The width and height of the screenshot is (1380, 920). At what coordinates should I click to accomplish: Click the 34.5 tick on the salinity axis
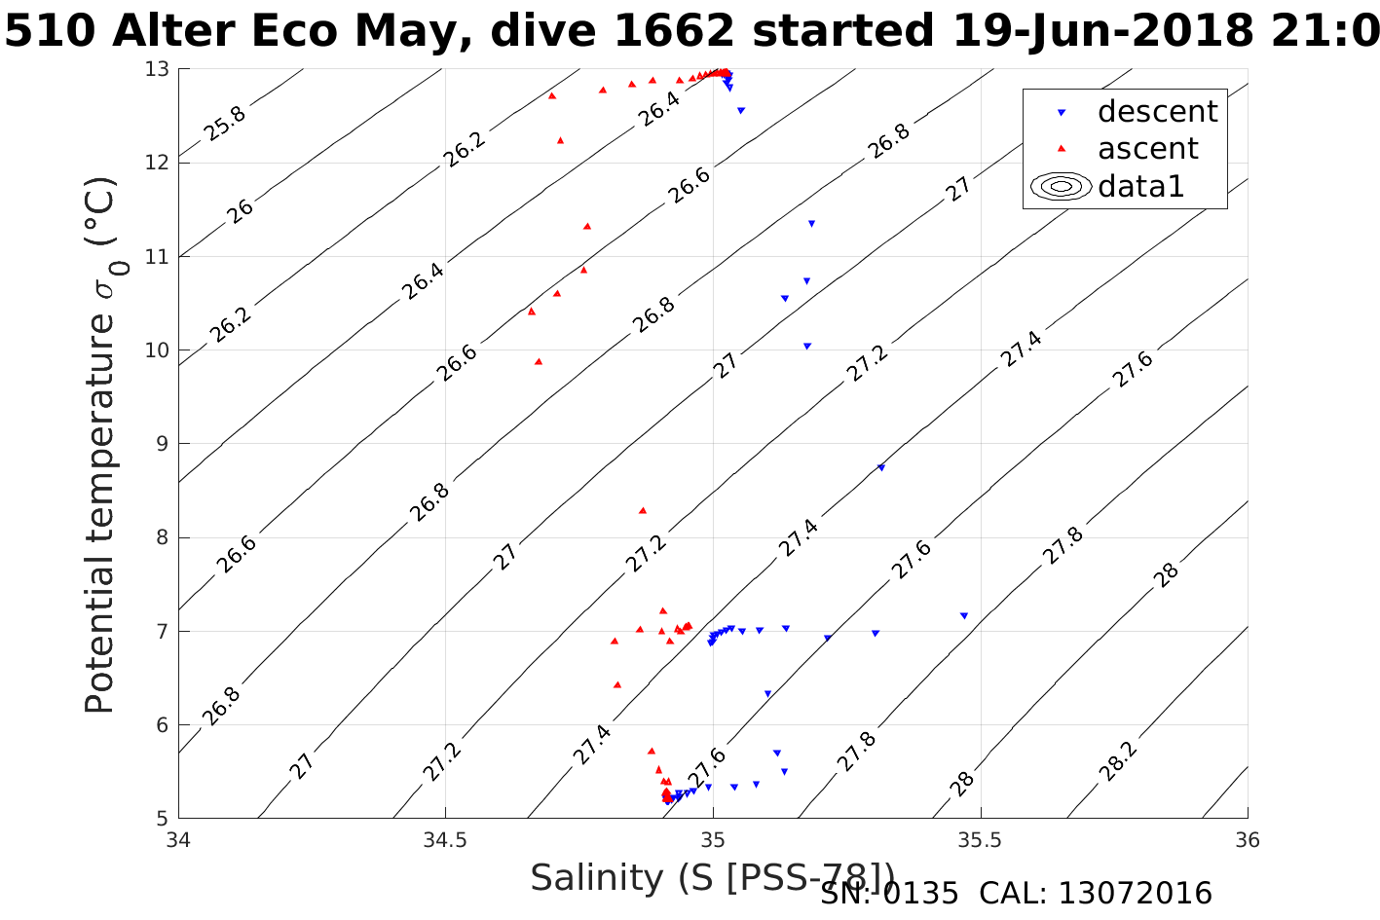click(445, 839)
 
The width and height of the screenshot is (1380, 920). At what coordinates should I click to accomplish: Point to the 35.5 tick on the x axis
click(980, 839)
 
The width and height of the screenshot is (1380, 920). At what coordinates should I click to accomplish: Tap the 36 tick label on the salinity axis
click(1247, 839)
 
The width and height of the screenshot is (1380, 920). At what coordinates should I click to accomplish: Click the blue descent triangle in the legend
click(1063, 113)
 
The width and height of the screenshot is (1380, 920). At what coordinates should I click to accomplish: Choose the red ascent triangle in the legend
click(1063, 149)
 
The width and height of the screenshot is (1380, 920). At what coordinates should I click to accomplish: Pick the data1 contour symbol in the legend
click(1062, 186)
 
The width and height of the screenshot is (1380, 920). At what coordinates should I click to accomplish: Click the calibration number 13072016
click(1135, 893)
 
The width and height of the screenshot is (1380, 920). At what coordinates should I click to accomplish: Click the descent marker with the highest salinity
click(964, 615)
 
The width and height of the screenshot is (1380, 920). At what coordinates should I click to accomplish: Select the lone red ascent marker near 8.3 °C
click(643, 510)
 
